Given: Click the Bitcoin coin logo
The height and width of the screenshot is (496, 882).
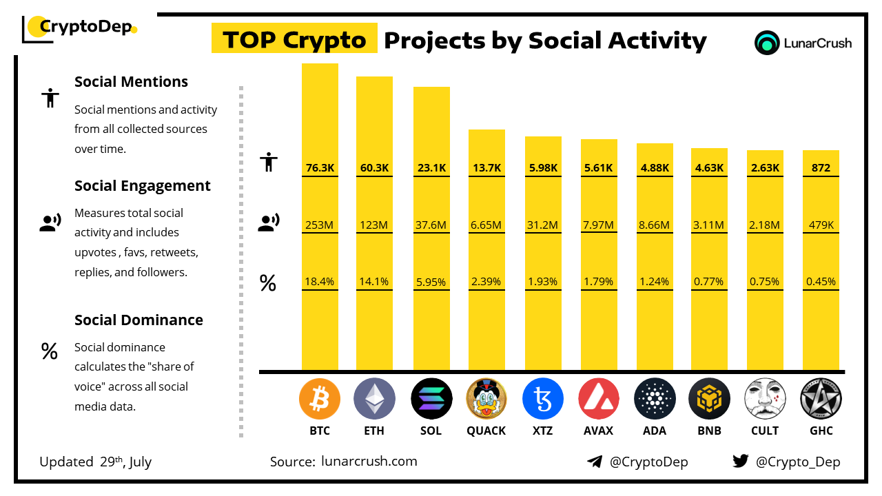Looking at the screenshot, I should point(320,399).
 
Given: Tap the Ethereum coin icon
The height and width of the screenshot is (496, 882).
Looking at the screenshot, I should point(374,399).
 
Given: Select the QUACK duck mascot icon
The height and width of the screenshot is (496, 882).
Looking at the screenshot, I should point(486,399).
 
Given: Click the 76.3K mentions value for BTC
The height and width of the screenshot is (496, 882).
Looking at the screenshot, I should point(320,167).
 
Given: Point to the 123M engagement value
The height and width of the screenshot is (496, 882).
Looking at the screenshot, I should point(374,225).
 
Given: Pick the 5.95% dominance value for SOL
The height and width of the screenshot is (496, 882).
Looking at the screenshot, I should point(431,282).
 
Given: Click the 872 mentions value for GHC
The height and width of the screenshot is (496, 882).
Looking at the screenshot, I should point(821,167).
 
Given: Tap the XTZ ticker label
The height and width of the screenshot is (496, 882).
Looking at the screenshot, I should point(542,431).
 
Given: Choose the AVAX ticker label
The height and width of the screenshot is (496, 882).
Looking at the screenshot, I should point(599,431).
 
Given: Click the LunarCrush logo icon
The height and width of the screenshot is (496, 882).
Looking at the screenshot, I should point(767,43).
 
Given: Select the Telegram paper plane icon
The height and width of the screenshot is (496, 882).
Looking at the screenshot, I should point(594,462).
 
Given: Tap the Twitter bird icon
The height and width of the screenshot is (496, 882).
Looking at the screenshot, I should point(740,462).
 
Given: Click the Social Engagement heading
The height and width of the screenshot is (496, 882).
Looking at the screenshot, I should point(142,185).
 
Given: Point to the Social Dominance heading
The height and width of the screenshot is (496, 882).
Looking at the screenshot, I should point(139,320).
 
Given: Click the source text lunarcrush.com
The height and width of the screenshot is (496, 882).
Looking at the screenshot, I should point(369,462).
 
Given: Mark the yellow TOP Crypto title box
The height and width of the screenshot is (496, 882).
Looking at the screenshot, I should point(294,40).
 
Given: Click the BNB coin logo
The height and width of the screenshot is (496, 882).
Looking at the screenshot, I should point(708,399).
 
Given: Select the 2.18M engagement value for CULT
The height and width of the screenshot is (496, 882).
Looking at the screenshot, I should point(765,225).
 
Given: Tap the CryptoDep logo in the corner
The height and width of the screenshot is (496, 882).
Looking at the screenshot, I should point(80,28).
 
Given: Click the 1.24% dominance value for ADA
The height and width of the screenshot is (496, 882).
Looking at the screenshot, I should point(654,282).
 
